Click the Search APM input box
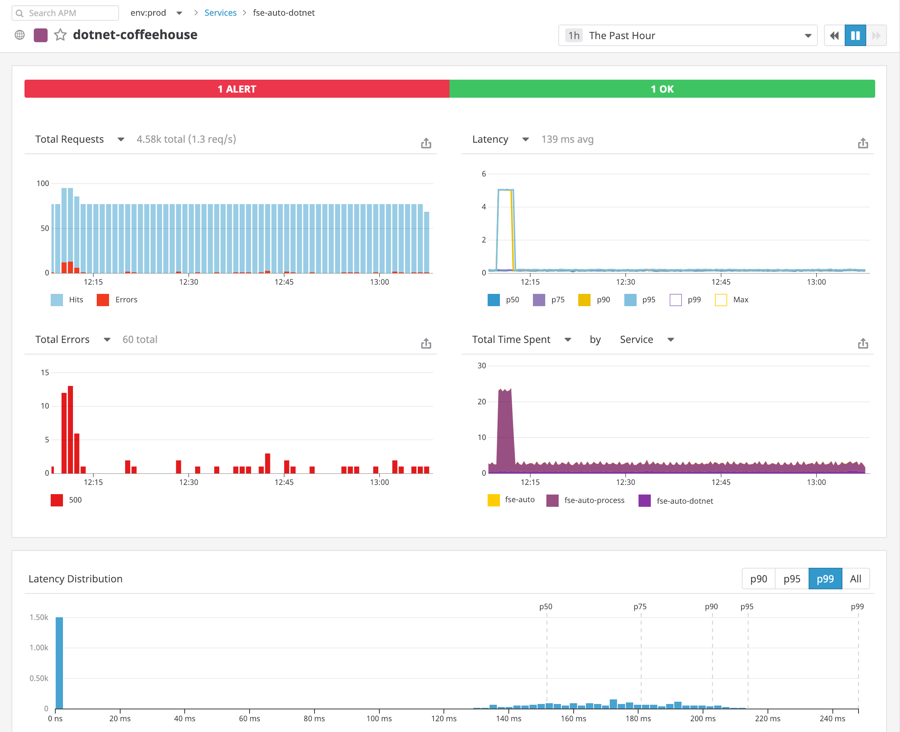(x=65, y=13)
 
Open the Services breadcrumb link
(x=220, y=13)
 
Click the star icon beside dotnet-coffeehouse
(x=60, y=35)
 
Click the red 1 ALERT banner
(x=237, y=89)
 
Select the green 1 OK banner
(x=662, y=89)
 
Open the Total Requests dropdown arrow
(x=121, y=140)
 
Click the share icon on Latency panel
(x=862, y=143)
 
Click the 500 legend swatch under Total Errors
(x=56, y=500)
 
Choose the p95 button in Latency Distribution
(x=792, y=579)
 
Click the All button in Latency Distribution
(x=855, y=579)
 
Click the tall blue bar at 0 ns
(x=59, y=662)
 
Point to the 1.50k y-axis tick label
(x=39, y=617)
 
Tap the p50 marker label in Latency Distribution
(x=546, y=607)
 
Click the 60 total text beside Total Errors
(x=140, y=340)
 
